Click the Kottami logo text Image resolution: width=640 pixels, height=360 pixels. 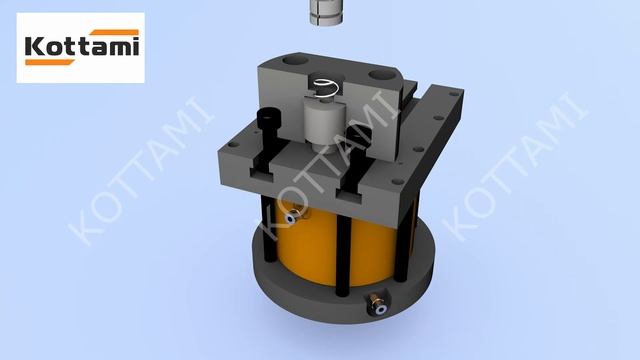(82, 46)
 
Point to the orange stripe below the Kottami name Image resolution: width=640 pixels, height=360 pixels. (50, 62)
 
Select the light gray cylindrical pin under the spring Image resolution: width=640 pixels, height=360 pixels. (325, 122)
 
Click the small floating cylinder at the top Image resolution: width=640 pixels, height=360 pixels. (326, 12)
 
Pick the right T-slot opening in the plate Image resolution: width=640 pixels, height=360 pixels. (349, 196)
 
